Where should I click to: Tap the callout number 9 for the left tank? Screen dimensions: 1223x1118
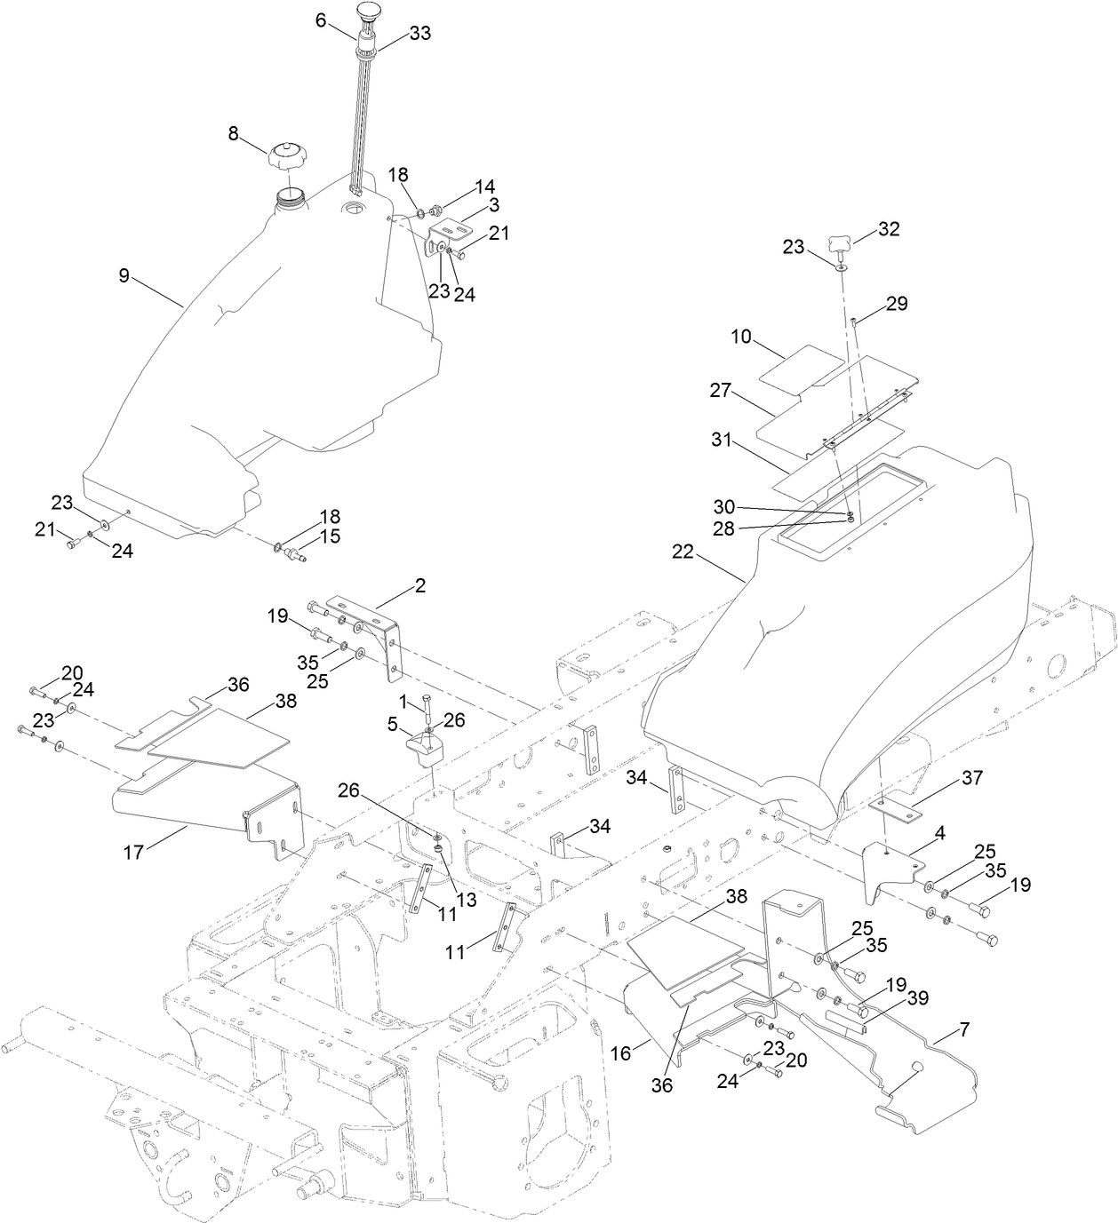(x=124, y=276)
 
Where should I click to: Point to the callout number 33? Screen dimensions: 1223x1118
(x=419, y=34)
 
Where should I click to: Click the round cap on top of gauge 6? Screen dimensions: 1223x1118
(x=369, y=12)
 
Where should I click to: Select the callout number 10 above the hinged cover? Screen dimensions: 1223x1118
(x=741, y=338)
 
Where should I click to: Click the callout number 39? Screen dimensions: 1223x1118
(x=917, y=998)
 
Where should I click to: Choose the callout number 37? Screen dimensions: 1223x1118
(x=972, y=778)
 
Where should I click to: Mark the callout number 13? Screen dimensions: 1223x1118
(x=466, y=901)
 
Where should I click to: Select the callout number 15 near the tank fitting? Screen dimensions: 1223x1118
(x=331, y=536)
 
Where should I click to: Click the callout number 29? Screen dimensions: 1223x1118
(x=897, y=305)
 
